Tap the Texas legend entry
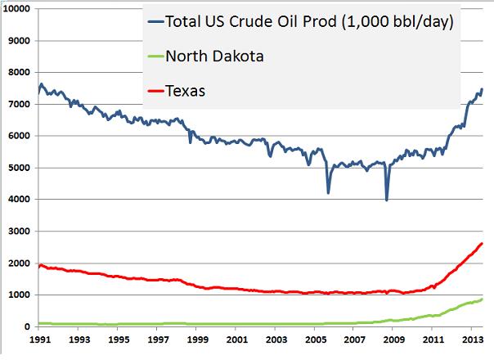tap(185, 91)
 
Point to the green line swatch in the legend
tap(154, 56)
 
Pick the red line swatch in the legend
tap(154, 91)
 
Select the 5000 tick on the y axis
tap(19, 168)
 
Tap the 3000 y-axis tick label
tap(19, 232)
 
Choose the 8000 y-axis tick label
tap(19, 72)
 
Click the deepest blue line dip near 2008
tap(386, 200)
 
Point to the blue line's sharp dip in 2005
tap(328, 192)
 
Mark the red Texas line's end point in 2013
tap(482, 243)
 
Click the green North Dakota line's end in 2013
tap(482, 299)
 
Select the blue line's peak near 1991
tap(42, 83)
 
